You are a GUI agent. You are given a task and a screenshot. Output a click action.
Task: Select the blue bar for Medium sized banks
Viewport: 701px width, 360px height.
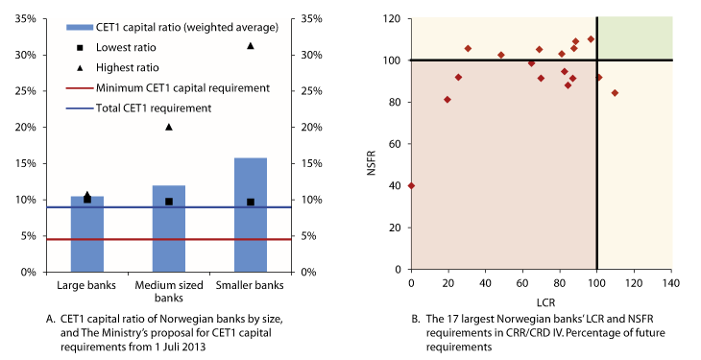(x=169, y=228)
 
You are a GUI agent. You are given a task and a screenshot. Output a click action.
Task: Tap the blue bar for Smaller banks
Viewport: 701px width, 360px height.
(x=251, y=214)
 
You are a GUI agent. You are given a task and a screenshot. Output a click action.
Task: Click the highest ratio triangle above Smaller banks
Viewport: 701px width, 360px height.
(x=251, y=46)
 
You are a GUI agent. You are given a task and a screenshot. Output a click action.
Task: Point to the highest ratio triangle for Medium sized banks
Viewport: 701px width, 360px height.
(x=169, y=127)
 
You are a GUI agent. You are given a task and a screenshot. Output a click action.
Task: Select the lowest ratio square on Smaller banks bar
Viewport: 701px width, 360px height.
(x=251, y=202)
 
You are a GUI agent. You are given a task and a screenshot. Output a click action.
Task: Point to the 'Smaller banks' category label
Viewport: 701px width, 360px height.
(x=251, y=286)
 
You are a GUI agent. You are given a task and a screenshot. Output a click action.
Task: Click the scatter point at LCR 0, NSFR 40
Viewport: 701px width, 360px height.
(x=411, y=185)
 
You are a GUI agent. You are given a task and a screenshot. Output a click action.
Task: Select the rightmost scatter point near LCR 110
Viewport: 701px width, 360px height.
(x=615, y=93)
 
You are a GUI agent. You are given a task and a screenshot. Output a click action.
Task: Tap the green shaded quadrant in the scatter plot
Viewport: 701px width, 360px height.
(x=634, y=38)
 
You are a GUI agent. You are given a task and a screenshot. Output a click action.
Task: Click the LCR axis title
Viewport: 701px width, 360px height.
(x=541, y=300)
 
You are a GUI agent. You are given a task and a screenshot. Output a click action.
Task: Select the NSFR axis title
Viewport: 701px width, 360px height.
(x=369, y=145)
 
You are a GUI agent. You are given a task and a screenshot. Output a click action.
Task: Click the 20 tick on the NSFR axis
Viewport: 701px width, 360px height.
(x=397, y=228)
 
